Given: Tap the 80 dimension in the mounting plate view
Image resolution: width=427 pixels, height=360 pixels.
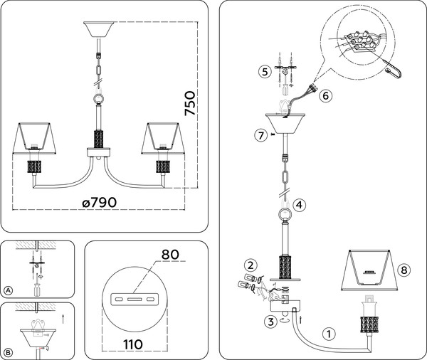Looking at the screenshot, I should click(169, 254).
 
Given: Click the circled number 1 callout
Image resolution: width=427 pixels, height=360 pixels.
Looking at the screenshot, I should click(329, 333).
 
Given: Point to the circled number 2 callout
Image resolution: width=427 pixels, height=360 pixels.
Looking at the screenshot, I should click(251, 265).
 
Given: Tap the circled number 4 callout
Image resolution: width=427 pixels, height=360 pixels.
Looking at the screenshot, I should click(300, 205).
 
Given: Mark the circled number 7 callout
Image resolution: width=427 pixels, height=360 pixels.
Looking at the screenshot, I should click(260, 135).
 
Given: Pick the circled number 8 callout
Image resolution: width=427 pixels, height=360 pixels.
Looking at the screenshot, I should click(404, 270).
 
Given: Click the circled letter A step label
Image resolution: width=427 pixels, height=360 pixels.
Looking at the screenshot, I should click(9, 290).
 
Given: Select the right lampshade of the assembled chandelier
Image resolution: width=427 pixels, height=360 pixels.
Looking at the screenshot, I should click(163, 139).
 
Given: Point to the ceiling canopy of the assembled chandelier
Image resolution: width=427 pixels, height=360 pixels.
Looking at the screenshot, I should click(99, 31).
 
